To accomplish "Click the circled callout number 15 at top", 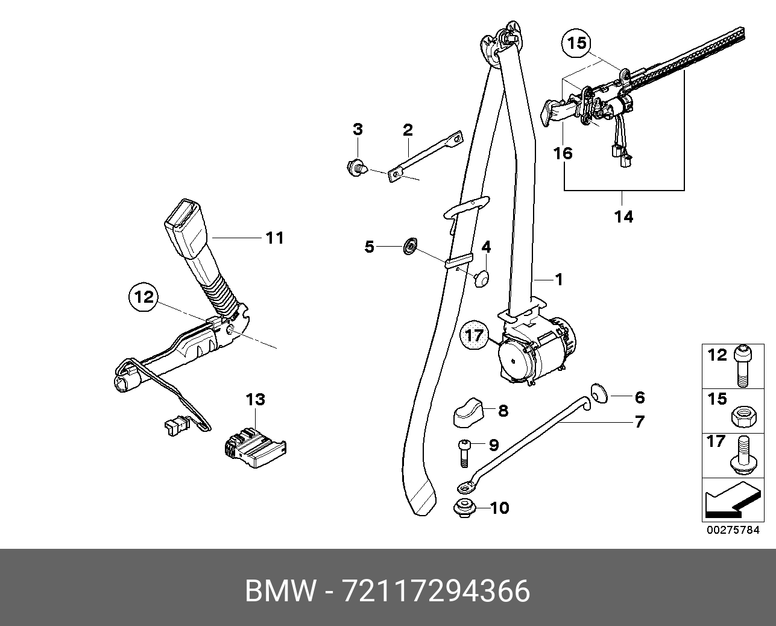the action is click(576, 43).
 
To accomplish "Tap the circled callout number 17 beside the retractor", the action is click(475, 335).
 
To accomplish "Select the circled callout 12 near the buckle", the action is click(145, 297).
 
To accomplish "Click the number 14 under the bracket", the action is click(624, 216).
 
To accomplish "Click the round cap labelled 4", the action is click(481, 277).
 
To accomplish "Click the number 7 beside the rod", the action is click(639, 422).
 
